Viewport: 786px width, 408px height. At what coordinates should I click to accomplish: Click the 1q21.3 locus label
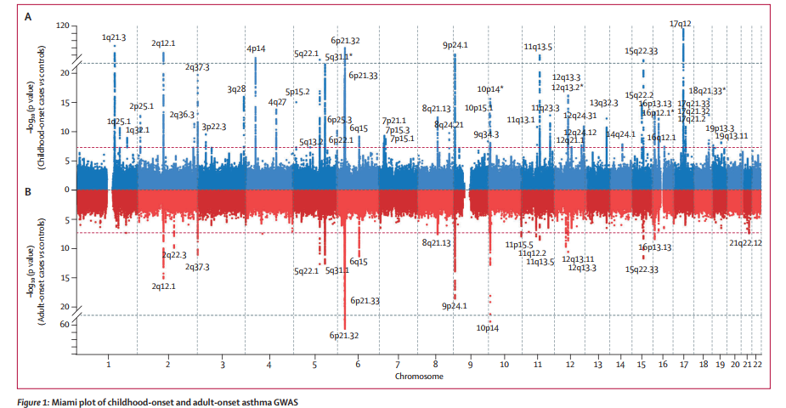tap(113, 37)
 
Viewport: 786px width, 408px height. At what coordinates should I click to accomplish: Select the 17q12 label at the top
tap(681, 24)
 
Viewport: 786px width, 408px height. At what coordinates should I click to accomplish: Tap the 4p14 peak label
tap(256, 49)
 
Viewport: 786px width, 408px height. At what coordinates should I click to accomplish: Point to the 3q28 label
tap(236, 89)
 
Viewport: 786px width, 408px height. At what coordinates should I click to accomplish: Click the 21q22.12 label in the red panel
tap(745, 243)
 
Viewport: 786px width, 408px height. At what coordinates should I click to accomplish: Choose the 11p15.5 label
tap(519, 245)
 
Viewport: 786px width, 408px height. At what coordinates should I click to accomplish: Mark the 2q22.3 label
tap(173, 254)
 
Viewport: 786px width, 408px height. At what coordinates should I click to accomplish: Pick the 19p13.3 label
tap(720, 127)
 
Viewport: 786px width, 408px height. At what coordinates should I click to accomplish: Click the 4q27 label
tap(277, 102)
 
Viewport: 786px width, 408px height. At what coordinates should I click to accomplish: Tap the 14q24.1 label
tap(620, 134)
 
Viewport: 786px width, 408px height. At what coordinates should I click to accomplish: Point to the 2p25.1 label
tap(141, 106)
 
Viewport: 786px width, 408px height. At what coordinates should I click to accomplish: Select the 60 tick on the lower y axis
tap(64, 325)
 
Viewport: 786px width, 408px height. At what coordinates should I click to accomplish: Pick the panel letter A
tap(30, 16)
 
